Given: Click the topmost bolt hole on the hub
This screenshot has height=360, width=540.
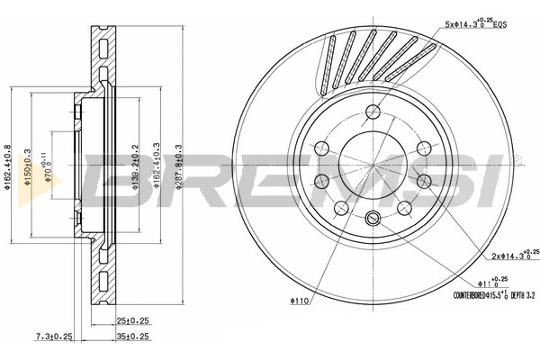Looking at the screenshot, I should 372,112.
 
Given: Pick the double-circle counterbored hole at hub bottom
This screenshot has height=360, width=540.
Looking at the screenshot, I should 372,216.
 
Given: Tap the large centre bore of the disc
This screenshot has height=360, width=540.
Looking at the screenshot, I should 372,164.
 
